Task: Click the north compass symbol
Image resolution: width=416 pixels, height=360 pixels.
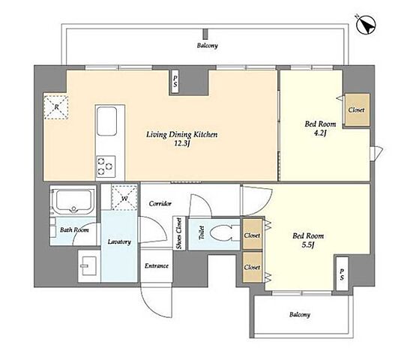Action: click(366, 25)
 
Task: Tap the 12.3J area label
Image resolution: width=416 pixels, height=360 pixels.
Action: click(182, 144)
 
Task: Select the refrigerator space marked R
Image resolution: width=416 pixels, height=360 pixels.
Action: click(56, 107)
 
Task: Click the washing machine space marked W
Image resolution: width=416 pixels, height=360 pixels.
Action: click(124, 198)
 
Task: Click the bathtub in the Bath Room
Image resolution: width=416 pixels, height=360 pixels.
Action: click(73, 201)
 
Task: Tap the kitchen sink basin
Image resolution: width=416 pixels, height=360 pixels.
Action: click(106, 121)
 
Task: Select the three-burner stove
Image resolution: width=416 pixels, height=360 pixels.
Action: click(106, 166)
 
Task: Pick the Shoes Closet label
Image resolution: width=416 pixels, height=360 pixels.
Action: click(179, 233)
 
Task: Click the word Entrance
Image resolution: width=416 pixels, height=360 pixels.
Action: click(157, 265)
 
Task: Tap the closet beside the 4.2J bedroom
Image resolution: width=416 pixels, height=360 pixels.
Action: click(357, 109)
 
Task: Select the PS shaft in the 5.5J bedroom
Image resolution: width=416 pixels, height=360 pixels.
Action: click(342, 274)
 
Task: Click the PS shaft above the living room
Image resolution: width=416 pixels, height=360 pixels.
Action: click(175, 82)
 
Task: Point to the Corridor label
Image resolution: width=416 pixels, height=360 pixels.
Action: click(160, 204)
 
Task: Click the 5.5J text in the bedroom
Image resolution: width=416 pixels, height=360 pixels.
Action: click(308, 244)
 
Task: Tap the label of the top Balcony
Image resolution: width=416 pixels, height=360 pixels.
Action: click(207, 46)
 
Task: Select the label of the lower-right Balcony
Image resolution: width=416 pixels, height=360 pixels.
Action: click(300, 314)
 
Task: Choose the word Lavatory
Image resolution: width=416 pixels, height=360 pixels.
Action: click(119, 241)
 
